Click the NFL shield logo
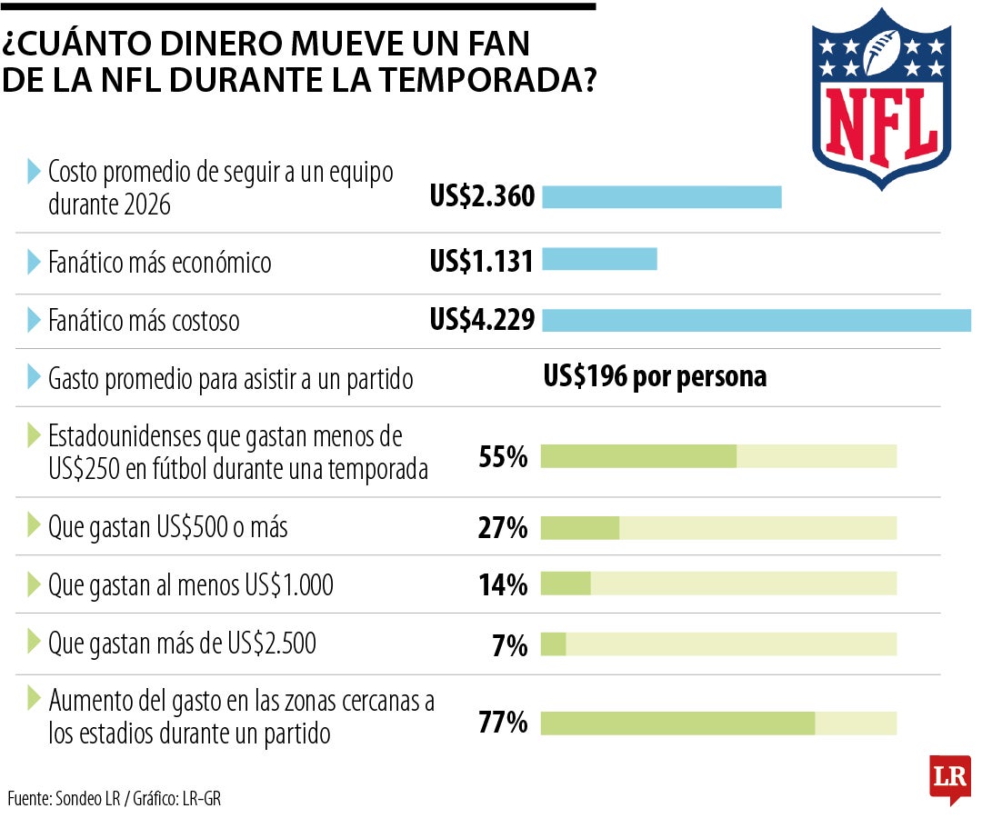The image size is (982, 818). tap(881, 99)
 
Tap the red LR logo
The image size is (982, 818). tap(950, 779)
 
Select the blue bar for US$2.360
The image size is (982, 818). tap(661, 196)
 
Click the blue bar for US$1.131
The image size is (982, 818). tap(599, 259)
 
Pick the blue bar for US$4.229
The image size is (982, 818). tap(757, 320)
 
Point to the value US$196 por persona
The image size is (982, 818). tap(655, 377)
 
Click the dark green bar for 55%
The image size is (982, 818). tap(639, 456)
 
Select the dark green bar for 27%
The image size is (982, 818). tap(580, 527)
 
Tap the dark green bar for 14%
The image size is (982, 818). tap(566, 584)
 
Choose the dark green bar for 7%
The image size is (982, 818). tap(554, 644)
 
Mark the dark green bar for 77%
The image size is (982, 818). tap(678, 723)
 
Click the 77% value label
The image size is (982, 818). tap(503, 723)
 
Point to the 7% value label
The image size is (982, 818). tap(510, 645)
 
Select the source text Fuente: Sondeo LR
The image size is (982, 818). tap(64, 799)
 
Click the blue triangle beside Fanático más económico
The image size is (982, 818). tap(34, 262)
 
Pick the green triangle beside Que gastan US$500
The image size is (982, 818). tap(34, 524)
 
